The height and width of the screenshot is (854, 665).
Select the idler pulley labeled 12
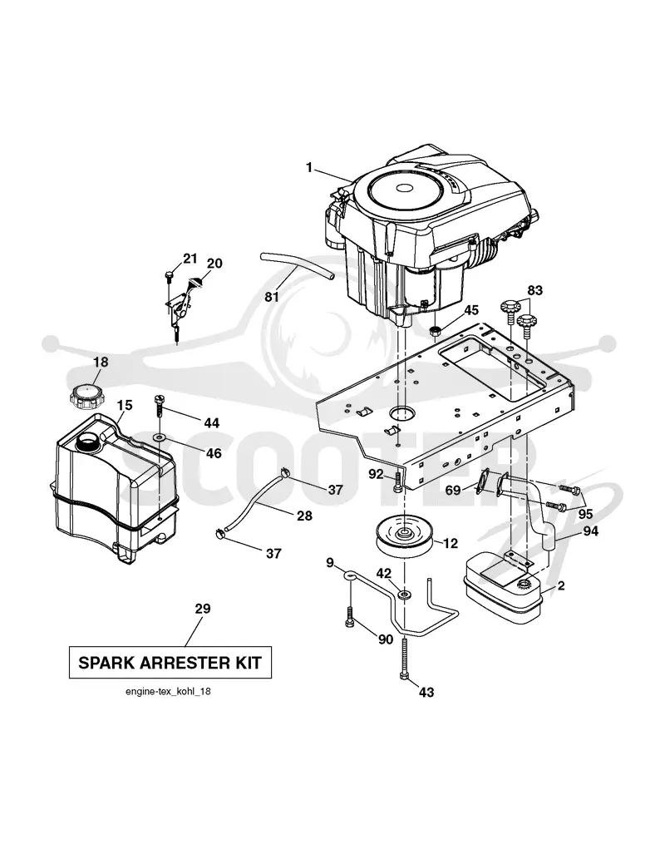405,536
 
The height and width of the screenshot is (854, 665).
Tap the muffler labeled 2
501,588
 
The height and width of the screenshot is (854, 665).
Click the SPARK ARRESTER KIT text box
170,662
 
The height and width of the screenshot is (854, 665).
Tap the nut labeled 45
436,330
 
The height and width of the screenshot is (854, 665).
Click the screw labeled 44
159,406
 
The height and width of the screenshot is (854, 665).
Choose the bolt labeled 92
397,483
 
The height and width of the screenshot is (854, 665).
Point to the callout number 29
203,609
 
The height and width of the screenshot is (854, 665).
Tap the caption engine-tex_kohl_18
168,692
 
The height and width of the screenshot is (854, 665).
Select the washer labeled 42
404,594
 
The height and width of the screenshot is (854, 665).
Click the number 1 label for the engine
309,168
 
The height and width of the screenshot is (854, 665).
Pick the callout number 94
590,531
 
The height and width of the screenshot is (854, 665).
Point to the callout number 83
534,290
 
